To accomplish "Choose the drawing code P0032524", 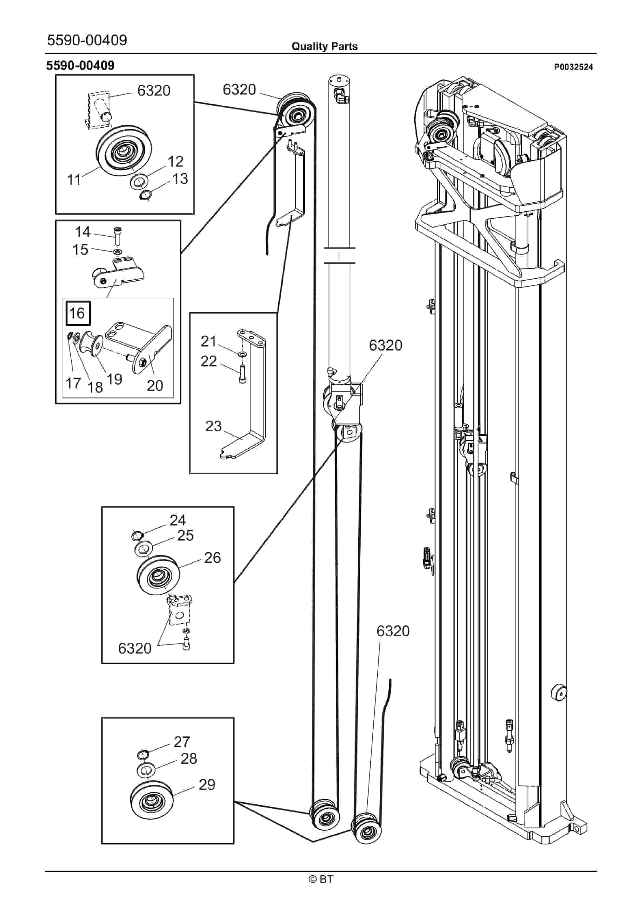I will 573,67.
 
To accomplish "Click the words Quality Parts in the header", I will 324,46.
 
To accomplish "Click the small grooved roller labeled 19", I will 92,345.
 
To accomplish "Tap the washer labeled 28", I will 145,771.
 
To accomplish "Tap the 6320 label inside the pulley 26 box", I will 135,648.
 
